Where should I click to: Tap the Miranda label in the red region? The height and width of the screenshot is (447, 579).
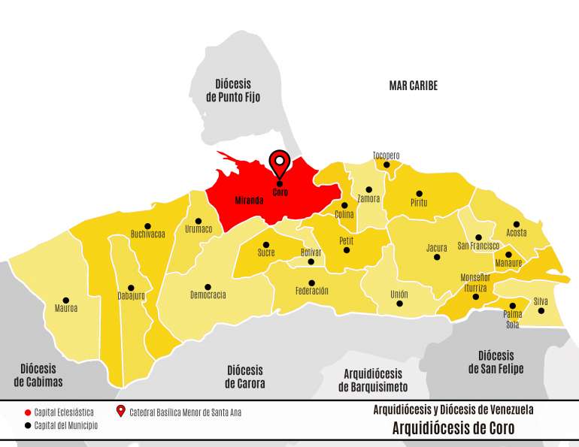pos(249,201)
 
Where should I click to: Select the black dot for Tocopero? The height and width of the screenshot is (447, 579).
pos(387,165)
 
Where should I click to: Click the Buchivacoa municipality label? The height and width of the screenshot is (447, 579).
pos(147,234)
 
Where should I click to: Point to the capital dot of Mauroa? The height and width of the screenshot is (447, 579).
pos(66,300)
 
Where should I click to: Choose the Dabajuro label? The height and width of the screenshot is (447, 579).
pos(131,296)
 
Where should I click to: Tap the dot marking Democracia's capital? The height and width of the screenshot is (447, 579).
pos(208,286)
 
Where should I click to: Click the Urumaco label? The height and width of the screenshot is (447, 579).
pos(199,229)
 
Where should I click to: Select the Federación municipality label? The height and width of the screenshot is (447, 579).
pos(312,291)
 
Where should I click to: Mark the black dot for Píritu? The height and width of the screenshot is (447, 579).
pos(420,194)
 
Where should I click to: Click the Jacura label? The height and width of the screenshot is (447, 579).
pos(437,248)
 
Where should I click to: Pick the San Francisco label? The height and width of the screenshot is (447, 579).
pos(478,246)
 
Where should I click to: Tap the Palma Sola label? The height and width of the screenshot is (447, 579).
pos(512,320)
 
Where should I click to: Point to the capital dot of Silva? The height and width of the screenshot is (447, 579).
pos(541,310)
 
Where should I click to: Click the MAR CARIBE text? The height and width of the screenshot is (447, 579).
pos(413,86)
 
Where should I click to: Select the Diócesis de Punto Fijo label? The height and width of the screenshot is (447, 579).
pos(232,91)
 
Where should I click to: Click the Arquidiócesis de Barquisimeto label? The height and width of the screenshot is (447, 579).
pos(373,381)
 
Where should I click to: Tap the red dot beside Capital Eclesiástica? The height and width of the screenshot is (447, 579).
pos(28,412)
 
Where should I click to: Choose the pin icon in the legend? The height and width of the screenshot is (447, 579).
pos(121,412)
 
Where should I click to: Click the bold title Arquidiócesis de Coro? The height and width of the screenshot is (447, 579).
pos(453,429)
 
